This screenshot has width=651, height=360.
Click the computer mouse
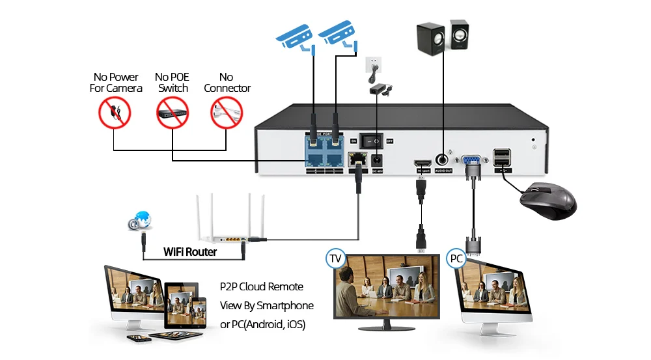tap(547, 201)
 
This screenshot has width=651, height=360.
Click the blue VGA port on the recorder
tap(471, 159)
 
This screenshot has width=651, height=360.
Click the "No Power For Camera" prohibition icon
tap(115, 113)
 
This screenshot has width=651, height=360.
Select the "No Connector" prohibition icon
tap(226, 113)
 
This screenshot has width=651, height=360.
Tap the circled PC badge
tap(456, 258)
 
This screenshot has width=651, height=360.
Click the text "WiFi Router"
tap(190, 251)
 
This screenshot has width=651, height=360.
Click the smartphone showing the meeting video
tap(199, 311)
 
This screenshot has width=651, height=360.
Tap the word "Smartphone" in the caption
tap(285, 305)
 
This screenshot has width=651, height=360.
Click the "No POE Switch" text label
tap(173, 83)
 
